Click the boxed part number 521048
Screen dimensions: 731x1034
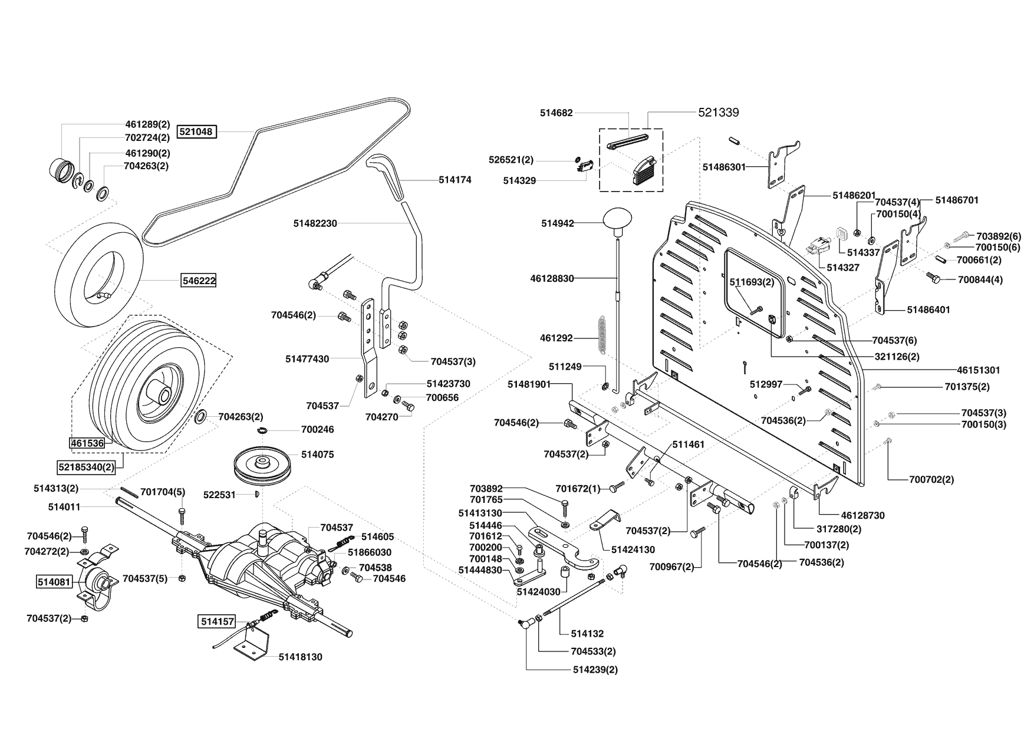tap(197, 131)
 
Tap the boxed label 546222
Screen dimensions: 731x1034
tap(198, 281)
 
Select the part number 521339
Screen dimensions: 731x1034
tap(719, 113)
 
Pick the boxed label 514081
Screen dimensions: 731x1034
tap(54, 582)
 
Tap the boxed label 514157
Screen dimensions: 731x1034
tap(217, 621)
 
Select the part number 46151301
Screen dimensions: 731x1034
tap(978, 370)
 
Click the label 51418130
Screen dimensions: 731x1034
tap(301, 657)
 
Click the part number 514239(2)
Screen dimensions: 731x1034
tap(595, 670)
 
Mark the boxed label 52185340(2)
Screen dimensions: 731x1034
tap(86, 467)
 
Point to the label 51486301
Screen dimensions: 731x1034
tap(724, 167)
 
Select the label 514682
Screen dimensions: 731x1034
tap(556, 112)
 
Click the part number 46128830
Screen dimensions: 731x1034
tap(552, 278)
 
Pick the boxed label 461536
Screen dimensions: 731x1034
tap(87, 443)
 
